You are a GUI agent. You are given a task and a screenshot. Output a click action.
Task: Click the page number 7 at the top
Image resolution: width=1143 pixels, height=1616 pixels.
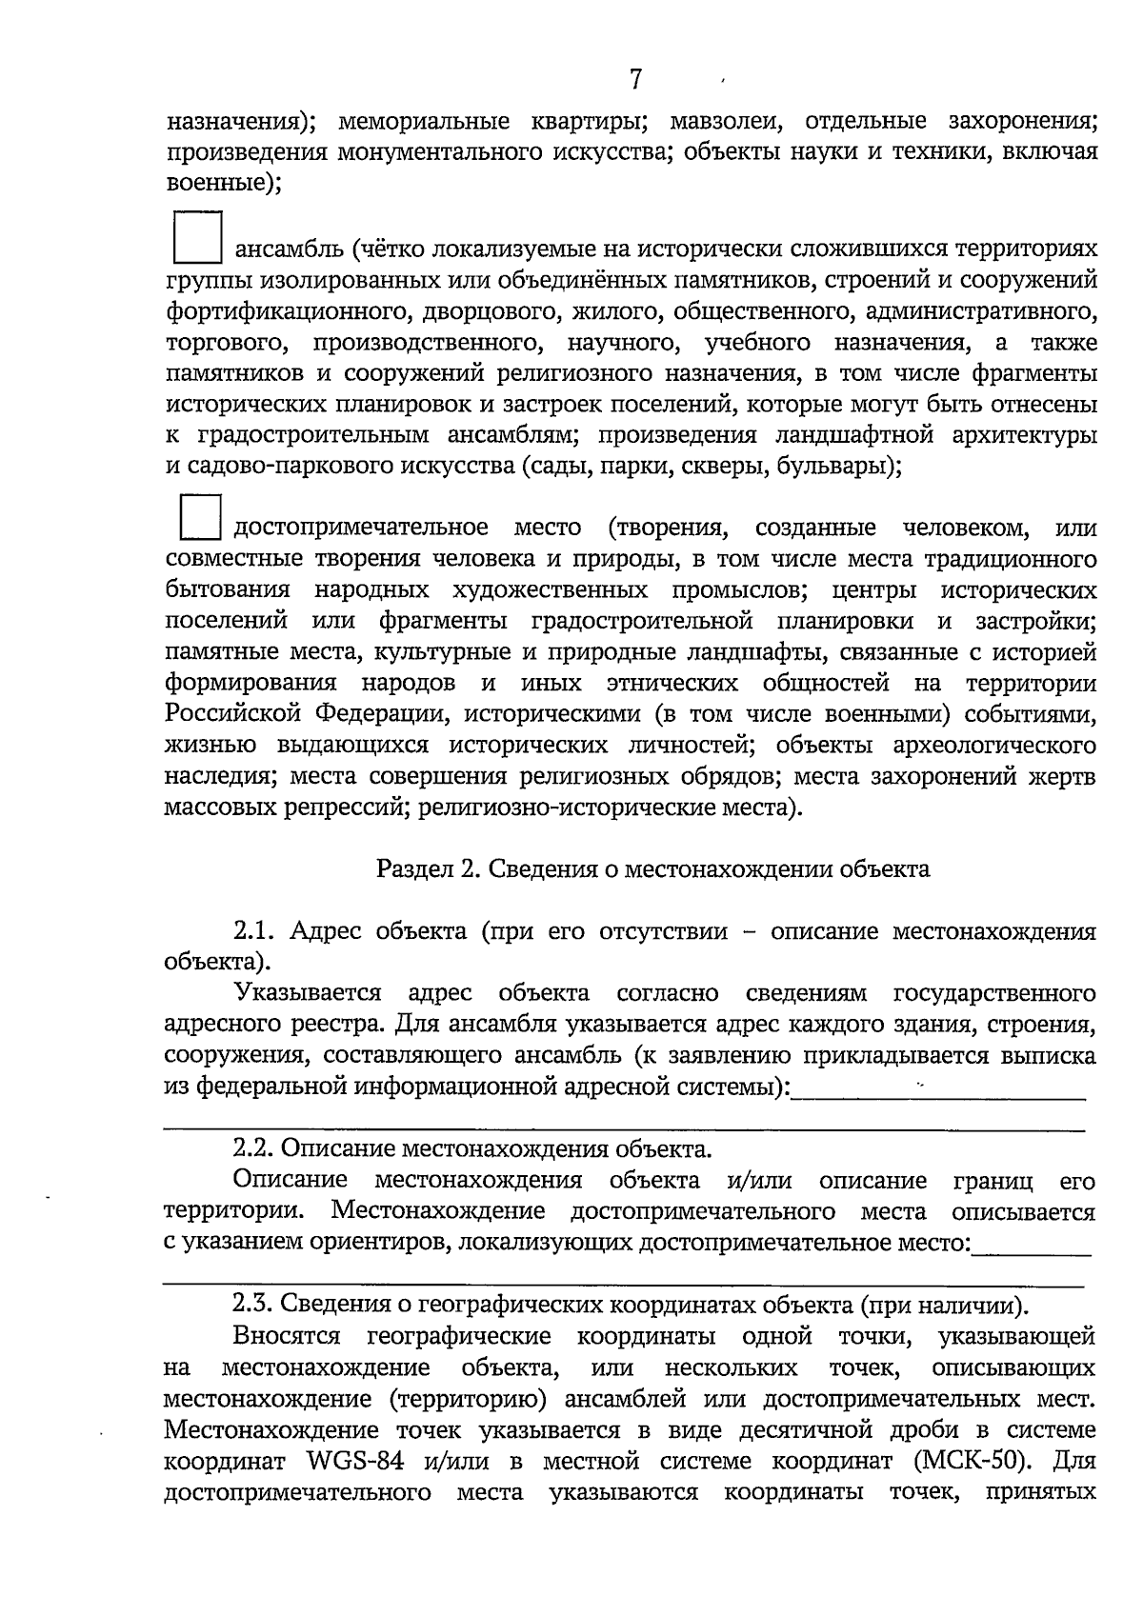tap(636, 80)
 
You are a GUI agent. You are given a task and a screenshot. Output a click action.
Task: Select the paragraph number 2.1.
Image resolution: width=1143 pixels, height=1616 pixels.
tap(254, 930)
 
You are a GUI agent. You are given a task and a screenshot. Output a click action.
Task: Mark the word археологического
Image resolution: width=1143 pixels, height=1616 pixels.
tap(987, 745)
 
